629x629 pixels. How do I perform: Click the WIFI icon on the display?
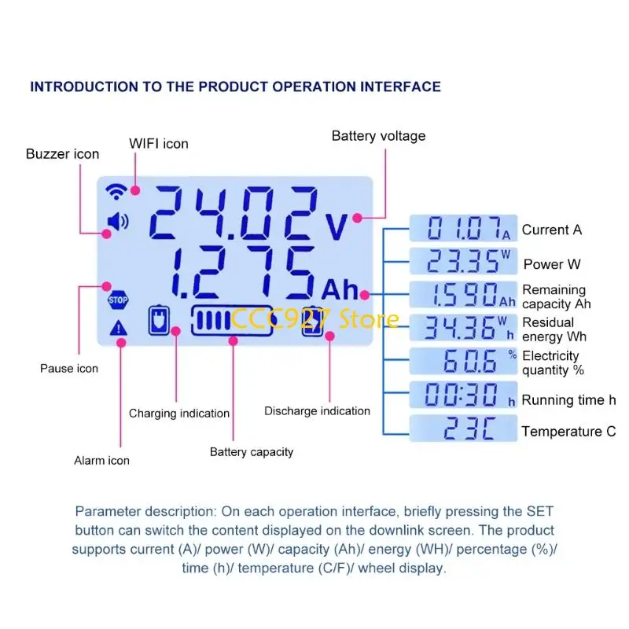click(x=116, y=191)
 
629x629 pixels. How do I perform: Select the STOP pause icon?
click(x=117, y=299)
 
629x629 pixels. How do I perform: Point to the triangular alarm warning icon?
click(x=118, y=329)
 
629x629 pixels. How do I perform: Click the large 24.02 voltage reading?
click(x=234, y=215)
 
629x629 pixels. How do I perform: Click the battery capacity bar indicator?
click(x=232, y=321)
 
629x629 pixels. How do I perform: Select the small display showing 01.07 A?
click(x=463, y=229)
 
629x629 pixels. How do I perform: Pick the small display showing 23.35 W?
click(x=463, y=262)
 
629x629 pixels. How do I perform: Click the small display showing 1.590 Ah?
click(x=463, y=295)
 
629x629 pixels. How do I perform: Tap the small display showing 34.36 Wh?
click(x=463, y=328)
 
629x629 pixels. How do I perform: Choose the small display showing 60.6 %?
click(x=463, y=361)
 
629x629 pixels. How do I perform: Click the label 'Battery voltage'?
click(x=378, y=136)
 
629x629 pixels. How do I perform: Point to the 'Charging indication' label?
click(x=179, y=414)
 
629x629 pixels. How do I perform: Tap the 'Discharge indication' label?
click(x=317, y=411)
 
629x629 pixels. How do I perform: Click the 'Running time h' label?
click(x=568, y=400)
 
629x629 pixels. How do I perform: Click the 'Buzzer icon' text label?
click(x=63, y=154)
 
